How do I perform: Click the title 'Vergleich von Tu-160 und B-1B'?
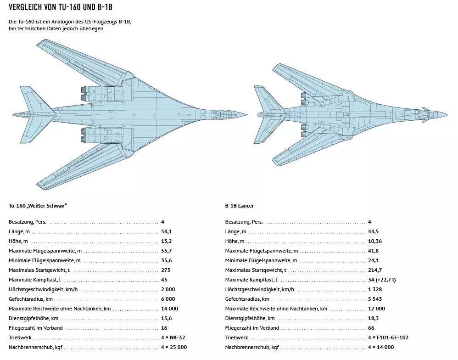[x=61, y=7]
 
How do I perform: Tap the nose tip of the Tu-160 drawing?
[x=247, y=115]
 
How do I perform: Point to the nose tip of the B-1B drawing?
[x=447, y=114]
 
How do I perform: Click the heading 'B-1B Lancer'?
[x=239, y=206]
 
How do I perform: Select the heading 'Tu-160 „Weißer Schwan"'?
[x=38, y=206]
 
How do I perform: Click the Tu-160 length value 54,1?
[x=167, y=232]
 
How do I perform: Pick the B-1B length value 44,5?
[x=373, y=232]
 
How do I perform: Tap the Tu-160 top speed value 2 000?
[x=168, y=289]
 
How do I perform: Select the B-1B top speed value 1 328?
[x=375, y=289]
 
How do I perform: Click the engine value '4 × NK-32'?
[x=173, y=337]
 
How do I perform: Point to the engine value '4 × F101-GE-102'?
[x=388, y=337]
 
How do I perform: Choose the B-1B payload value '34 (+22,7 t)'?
[x=382, y=280]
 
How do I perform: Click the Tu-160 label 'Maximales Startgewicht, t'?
[x=39, y=270]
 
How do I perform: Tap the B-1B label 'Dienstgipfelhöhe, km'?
[x=250, y=319]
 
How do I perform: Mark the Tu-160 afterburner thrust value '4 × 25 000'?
[x=174, y=347]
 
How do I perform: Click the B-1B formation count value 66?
[x=371, y=328]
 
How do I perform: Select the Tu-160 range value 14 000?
[x=170, y=309]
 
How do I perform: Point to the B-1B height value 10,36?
[x=375, y=242]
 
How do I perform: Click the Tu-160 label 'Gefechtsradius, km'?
[x=31, y=299]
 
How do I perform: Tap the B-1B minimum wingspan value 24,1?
[x=373, y=261]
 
